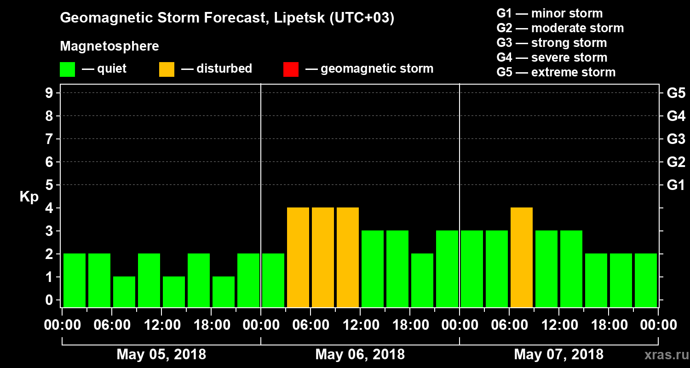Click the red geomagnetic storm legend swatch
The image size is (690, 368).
291,69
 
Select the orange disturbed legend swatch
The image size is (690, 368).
167,69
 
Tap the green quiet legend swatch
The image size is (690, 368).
67,69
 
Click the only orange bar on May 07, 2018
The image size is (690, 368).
522,257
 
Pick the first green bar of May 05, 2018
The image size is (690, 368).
75,280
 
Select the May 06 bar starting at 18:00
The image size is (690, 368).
422,280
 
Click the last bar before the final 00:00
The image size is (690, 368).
646,280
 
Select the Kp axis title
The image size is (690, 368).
29,197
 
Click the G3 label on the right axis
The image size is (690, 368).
676,139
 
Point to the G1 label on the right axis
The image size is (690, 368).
676,185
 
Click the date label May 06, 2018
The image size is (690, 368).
360,354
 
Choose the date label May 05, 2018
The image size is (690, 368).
161,354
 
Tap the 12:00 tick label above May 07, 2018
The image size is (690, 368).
559,325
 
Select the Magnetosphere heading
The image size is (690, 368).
109,46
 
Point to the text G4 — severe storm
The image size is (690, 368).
552,57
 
